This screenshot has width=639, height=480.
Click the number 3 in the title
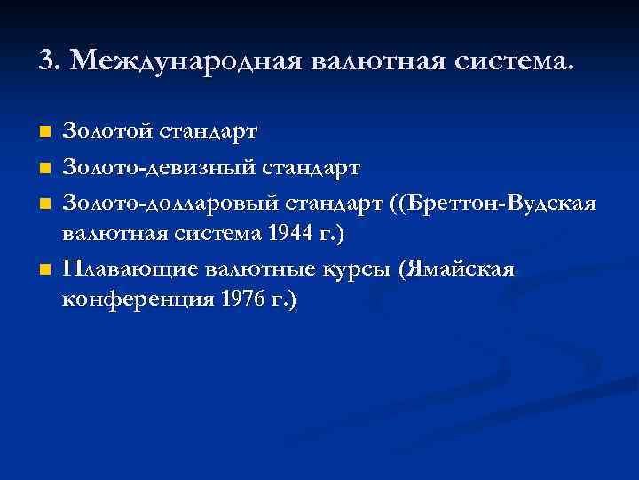(x=46, y=62)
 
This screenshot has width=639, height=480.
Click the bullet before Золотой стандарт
(x=45, y=132)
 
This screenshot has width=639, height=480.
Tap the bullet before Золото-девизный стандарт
(x=45, y=167)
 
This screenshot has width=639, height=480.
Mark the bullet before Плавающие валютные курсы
(x=45, y=268)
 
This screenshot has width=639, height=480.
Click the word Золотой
(x=109, y=132)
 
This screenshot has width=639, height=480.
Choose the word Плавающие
(x=130, y=268)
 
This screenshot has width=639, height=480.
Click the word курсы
(x=354, y=268)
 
